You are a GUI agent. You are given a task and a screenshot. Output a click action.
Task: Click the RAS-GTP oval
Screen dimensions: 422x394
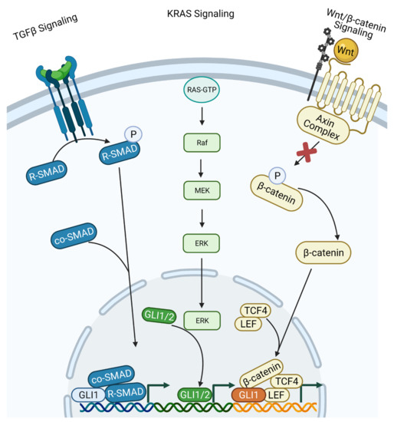point(201,91)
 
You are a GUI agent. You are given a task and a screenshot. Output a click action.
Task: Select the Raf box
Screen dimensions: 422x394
point(201,143)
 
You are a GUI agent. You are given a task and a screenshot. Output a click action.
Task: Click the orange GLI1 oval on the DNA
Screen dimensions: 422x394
point(248,395)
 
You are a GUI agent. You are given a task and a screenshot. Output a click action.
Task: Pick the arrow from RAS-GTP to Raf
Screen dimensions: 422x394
point(201,117)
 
